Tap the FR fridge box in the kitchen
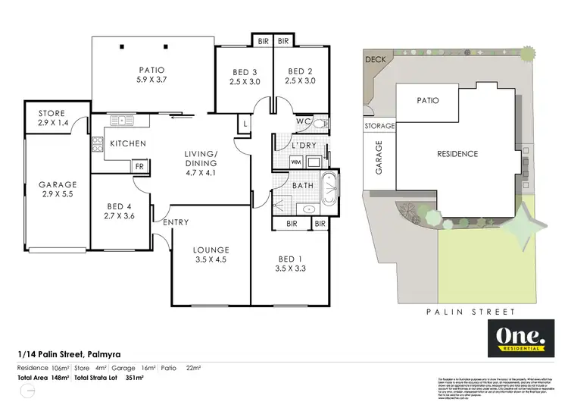(140, 166)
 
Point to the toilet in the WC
(320, 123)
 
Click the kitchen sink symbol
(121, 120)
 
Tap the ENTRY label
(175, 222)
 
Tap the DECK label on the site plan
(374, 58)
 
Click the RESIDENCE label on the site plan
(458, 154)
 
